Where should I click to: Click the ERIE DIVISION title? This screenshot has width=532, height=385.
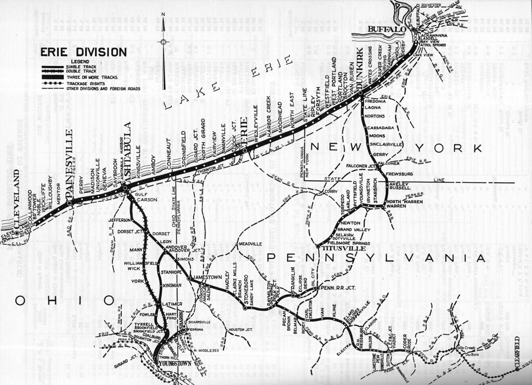coord(83,52)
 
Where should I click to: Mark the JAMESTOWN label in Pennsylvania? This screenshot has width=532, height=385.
coord(207,278)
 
